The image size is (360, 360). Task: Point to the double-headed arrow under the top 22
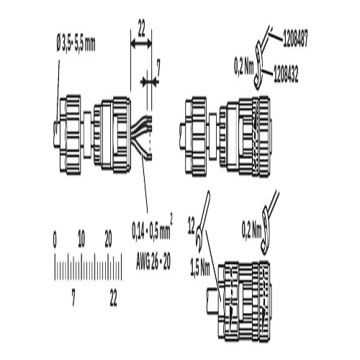tap(141, 44)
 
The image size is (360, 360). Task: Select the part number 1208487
tap(295, 38)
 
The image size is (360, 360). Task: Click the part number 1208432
tap(286, 75)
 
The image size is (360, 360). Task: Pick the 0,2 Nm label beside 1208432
tap(244, 67)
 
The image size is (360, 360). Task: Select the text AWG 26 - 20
tap(153, 261)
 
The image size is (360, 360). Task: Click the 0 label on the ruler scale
tap(55, 240)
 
